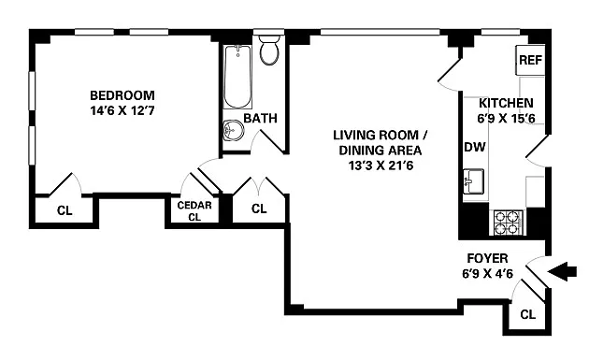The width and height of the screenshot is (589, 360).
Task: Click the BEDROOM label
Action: click(x=122, y=95)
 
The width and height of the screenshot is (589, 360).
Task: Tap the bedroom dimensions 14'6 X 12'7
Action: click(x=122, y=111)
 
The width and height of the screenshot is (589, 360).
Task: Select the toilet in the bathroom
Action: click(x=269, y=50)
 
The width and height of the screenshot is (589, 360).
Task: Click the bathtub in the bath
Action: click(x=237, y=77)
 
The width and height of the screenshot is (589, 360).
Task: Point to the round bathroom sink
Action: click(x=234, y=130)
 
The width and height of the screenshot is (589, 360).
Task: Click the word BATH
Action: click(x=260, y=119)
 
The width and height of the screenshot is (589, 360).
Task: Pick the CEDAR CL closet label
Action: click(x=194, y=210)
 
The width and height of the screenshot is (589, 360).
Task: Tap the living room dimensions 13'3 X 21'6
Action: click(x=381, y=166)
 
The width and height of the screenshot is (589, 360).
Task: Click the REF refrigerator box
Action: click(x=530, y=60)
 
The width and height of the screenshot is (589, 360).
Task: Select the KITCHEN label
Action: click(x=506, y=103)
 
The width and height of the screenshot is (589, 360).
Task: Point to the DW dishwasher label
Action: click(x=475, y=147)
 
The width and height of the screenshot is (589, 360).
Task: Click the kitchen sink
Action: click(x=473, y=181)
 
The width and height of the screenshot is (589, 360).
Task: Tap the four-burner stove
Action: click(x=509, y=223)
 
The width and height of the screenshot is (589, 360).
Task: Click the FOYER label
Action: click(x=488, y=258)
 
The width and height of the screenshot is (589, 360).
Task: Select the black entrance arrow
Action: click(x=562, y=271)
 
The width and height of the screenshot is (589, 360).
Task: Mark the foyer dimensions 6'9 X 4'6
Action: click(x=488, y=274)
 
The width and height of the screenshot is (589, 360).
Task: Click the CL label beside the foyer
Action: click(x=528, y=314)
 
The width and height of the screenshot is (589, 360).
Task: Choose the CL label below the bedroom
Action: click(x=65, y=210)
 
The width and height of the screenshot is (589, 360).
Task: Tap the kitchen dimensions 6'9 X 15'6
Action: click(x=506, y=119)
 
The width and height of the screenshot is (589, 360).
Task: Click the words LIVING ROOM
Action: click(x=376, y=135)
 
